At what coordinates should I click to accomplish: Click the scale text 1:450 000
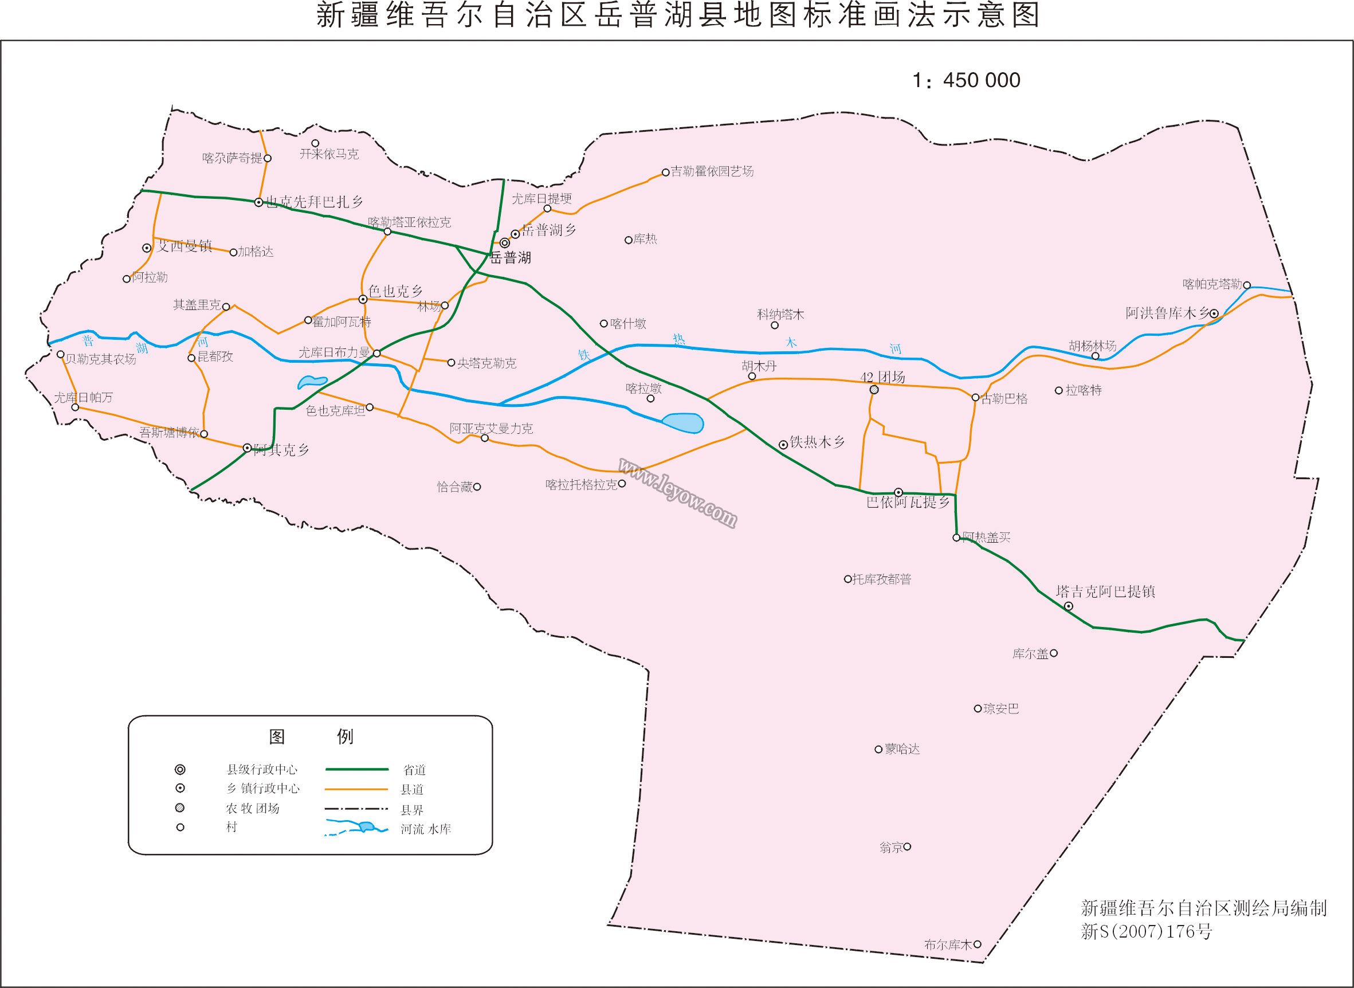pyautogui.click(x=966, y=80)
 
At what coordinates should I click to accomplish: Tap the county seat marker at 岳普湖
pyautogui.click(x=505, y=244)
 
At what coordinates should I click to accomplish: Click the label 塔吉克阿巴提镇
pyautogui.click(x=1105, y=592)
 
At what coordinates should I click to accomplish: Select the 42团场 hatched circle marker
pyautogui.click(x=874, y=390)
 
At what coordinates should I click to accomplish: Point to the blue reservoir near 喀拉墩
pyautogui.click(x=683, y=423)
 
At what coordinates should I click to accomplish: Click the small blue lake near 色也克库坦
pyautogui.click(x=311, y=382)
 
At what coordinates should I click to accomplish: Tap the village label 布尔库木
pyautogui.click(x=948, y=945)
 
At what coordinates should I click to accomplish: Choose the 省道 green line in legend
pyautogui.click(x=357, y=769)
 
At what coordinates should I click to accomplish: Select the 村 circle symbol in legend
pyautogui.click(x=180, y=828)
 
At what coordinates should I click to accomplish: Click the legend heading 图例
pyautogui.click(x=311, y=737)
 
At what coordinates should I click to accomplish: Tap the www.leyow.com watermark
pyautogui.click(x=677, y=493)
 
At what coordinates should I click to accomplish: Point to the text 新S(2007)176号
pyautogui.click(x=1147, y=931)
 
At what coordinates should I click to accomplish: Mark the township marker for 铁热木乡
pyautogui.click(x=783, y=445)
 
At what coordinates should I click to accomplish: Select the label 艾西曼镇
pyautogui.click(x=183, y=246)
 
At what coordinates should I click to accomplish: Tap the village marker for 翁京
pyautogui.click(x=907, y=847)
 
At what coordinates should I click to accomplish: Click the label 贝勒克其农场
pyautogui.click(x=100, y=359)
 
